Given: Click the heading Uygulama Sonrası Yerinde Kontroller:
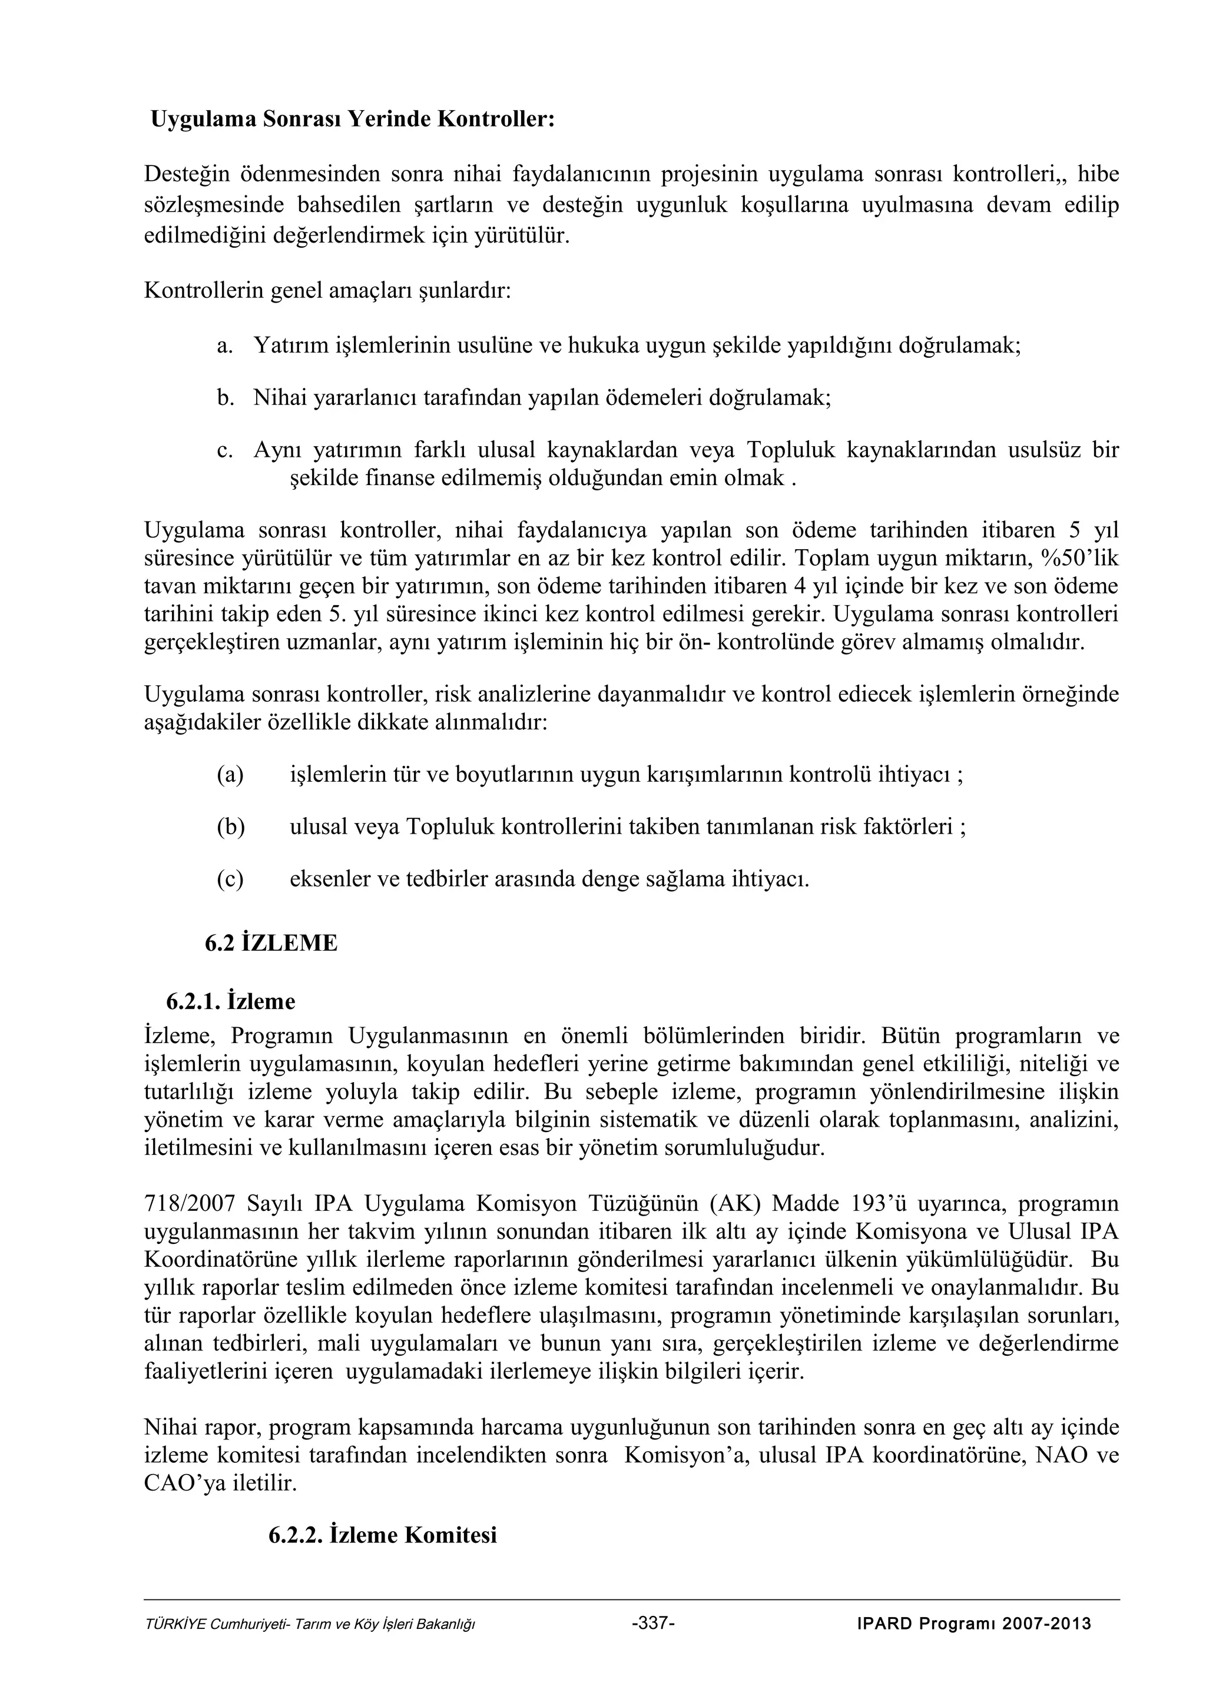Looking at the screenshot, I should [x=353, y=119].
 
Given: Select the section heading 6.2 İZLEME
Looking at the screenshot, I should [x=271, y=943].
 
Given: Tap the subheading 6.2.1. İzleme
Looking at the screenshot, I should [x=230, y=1001].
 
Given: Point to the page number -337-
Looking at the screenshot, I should [x=652, y=1624].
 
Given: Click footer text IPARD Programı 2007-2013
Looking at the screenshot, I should [x=973, y=1624].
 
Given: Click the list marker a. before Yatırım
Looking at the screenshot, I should [x=224, y=346].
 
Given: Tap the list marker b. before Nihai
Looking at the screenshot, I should [x=225, y=397].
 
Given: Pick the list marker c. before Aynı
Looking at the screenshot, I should [x=224, y=450].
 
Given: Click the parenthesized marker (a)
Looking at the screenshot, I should [x=230, y=775].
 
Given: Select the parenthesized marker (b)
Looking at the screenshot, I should [x=230, y=827].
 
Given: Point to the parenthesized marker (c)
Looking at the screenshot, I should [x=230, y=879].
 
